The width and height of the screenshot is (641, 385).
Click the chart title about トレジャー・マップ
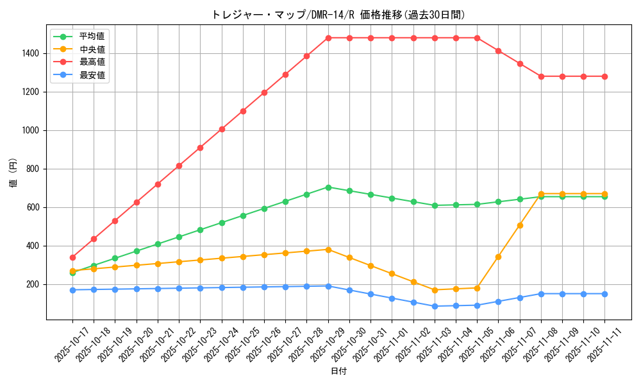point(338,15)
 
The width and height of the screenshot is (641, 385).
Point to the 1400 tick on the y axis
point(30,53)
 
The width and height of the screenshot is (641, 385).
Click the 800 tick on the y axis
point(33,169)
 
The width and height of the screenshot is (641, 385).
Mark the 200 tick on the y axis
point(33,284)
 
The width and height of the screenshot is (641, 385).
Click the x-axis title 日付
point(338,372)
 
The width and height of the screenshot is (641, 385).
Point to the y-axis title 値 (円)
point(13,173)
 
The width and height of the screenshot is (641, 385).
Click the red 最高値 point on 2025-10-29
point(328,38)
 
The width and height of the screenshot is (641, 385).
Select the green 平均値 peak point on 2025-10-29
point(328,187)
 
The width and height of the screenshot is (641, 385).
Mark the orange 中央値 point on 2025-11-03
point(435,290)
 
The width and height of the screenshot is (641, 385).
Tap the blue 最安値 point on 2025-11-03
point(435,306)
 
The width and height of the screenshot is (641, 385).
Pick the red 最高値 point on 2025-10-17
point(72,257)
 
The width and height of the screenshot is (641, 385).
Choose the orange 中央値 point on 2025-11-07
point(520,225)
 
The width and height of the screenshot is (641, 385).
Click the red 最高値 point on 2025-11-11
point(604,76)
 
